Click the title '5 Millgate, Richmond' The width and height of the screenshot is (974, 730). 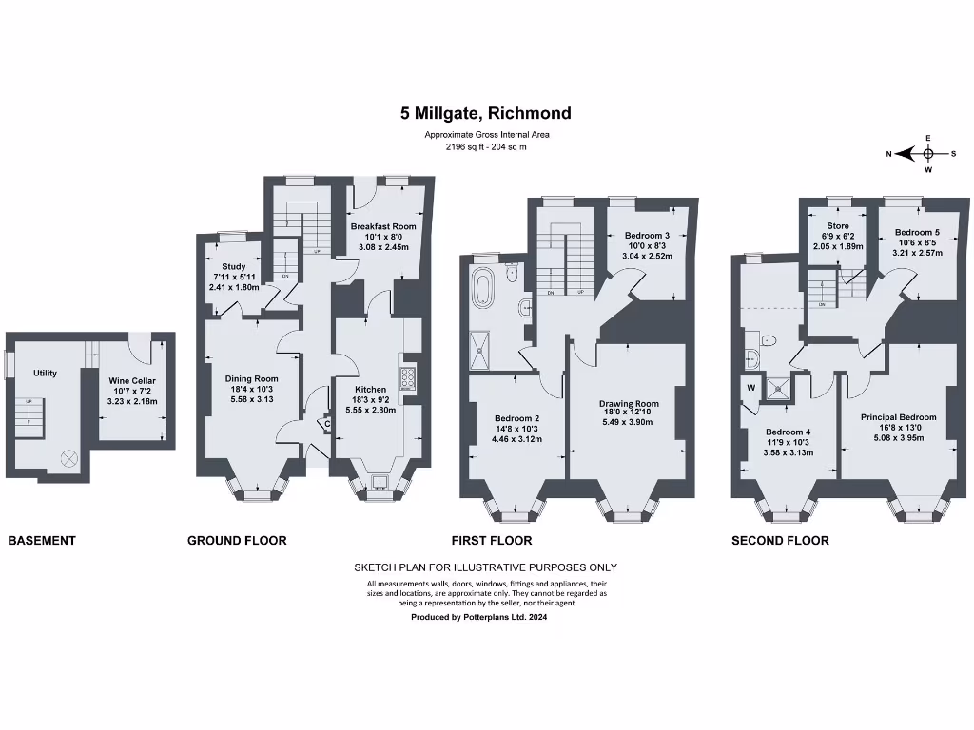pyautogui.click(x=486, y=113)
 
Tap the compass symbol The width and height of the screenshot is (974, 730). pyautogui.click(x=928, y=154)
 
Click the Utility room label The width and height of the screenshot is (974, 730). pyautogui.click(x=45, y=374)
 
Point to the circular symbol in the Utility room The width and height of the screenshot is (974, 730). pyautogui.click(x=68, y=458)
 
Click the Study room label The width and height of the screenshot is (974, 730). pyautogui.click(x=233, y=267)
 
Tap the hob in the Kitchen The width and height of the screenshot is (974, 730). pyautogui.click(x=408, y=379)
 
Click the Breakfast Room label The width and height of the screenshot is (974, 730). pyautogui.click(x=383, y=227)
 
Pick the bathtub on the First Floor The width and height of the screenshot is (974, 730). pyautogui.click(x=487, y=286)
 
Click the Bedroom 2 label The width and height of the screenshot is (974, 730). pyautogui.click(x=516, y=418)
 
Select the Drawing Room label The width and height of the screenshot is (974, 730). pyautogui.click(x=629, y=404)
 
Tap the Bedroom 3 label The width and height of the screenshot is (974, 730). pyautogui.click(x=647, y=236)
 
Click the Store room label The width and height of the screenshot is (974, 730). pyautogui.click(x=837, y=226)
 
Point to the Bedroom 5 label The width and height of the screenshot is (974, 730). pyautogui.click(x=916, y=232)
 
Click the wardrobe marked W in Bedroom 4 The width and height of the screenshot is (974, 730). pyautogui.click(x=750, y=387)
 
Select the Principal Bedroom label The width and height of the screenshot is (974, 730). pyautogui.click(x=898, y=417)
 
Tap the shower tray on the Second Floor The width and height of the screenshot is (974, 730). pyautogui.click(x=781, y=386)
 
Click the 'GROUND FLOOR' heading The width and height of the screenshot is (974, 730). pyautogui.click(x=237, y=541)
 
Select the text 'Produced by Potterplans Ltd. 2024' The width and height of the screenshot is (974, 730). pyautogui.click(x=478, y=617)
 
